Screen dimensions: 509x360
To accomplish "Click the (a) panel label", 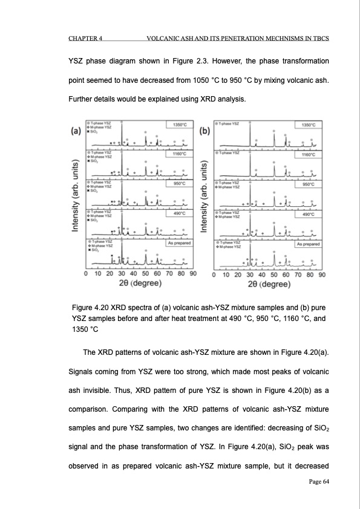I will point(77,129).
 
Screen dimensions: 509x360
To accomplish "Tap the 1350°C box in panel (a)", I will point(178,125).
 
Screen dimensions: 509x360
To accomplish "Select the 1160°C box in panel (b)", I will point(307,154).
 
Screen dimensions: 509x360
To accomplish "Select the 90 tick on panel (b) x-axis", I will point(322,274).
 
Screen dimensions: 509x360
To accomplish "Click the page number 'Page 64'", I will point(316,481).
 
